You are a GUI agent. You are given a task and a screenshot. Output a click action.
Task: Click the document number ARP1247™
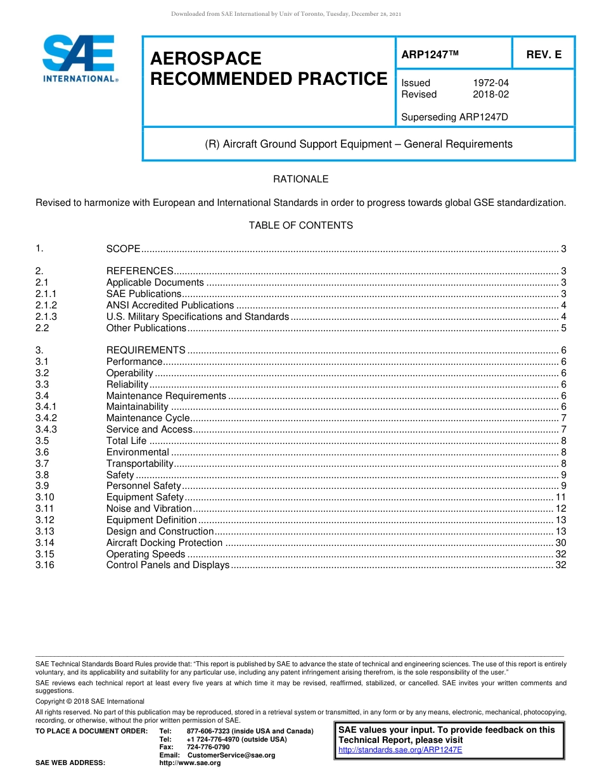click(x=430, y=55)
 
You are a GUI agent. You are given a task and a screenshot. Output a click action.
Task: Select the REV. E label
click(x=544, y=55)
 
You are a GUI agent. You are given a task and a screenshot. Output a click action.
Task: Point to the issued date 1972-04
click(x=490, y=83)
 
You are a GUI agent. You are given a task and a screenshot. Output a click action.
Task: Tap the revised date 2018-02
click(x=490, y=94)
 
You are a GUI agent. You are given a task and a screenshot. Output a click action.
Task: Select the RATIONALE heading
click(x=300, y=179)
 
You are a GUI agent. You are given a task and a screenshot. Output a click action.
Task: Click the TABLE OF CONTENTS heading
click(x=300, y=225)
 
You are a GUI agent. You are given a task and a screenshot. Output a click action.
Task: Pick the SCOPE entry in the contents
click(x=123, y=250)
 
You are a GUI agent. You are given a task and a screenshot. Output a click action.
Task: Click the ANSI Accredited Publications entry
click(x=170, y=305)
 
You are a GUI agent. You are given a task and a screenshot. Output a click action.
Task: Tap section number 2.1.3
click(x=46, y=317)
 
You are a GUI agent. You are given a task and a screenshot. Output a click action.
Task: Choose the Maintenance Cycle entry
click(x=148, y=418)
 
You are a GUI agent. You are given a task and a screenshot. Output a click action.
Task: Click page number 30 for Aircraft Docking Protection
click(x=560, y=543)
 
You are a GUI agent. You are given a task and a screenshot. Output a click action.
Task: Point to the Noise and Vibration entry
click(x=149, y=509)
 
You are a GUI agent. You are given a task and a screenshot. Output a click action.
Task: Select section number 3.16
click(x=45, y=565)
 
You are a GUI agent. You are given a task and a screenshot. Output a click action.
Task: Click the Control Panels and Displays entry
click(x=167, y=565)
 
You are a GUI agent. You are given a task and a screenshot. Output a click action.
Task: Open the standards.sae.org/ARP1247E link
click(x=400, y=750)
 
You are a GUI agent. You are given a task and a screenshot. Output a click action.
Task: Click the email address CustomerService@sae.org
click(x=231, y=755)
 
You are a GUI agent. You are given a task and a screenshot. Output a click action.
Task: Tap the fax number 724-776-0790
click(x=208, y=747)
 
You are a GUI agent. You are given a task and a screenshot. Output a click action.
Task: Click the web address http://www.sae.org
click(x=189, y=763)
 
